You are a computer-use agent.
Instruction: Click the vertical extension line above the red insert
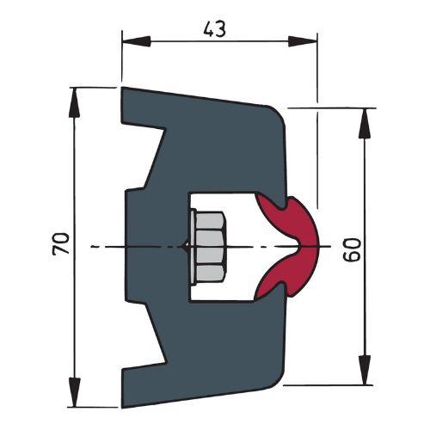(316, 155)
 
